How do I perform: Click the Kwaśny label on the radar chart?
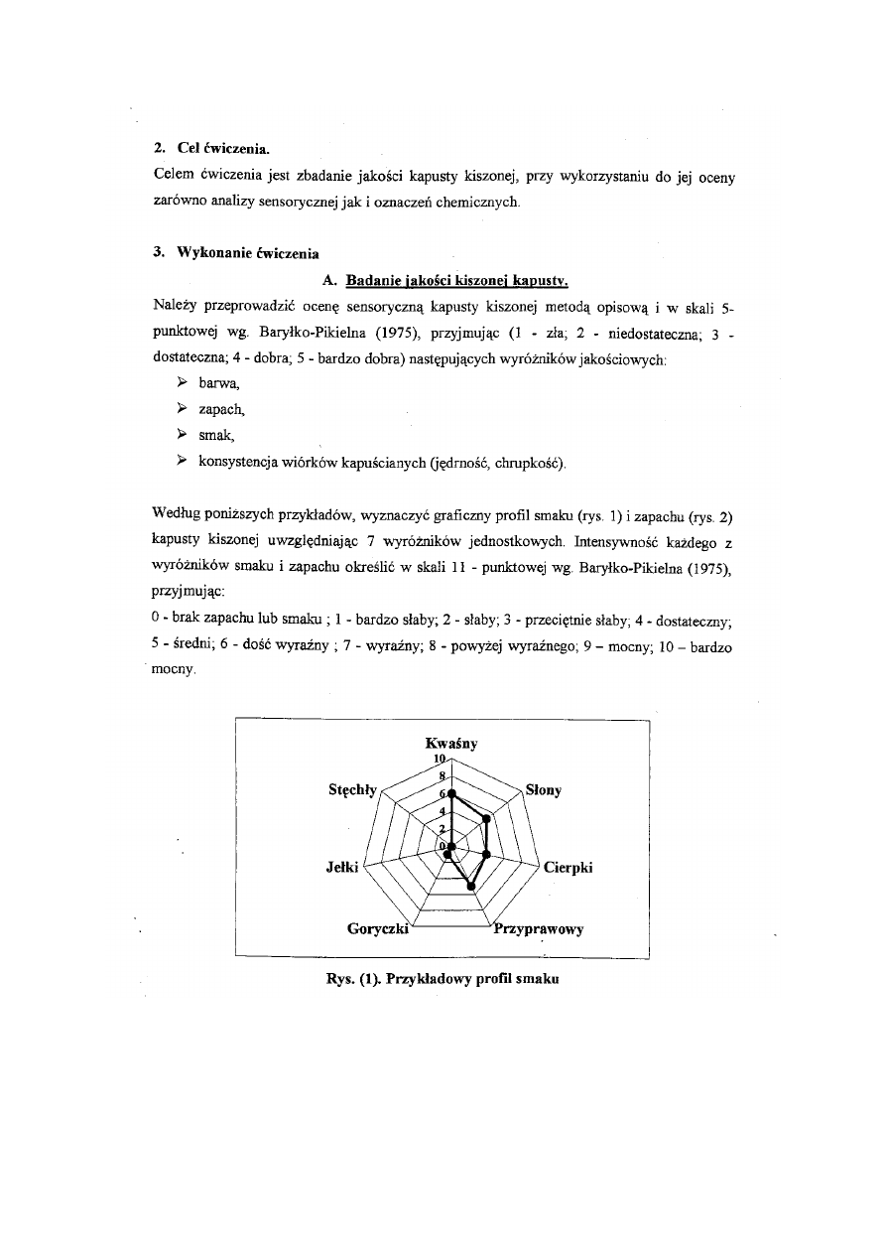point(451,743)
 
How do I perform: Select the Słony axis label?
point(544,790)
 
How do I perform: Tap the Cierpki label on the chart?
point(568,867)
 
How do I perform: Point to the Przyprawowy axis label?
point(539,929)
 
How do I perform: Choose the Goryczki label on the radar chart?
point(379,929)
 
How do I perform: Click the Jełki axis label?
point(342,867)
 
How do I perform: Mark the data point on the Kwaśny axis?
point(451,794)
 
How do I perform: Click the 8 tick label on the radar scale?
point(443,775)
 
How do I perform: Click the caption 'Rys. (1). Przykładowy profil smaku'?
point(443,979)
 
